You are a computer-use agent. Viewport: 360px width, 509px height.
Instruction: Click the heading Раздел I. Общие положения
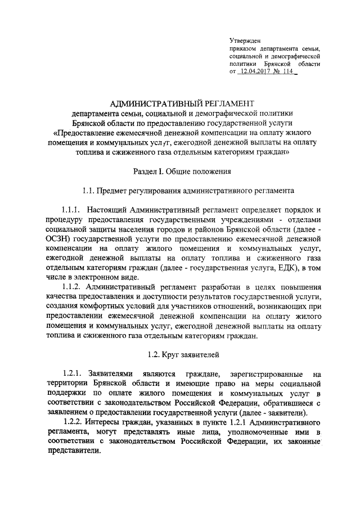point(180,170)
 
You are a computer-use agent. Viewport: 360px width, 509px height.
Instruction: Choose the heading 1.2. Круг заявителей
point(180,354)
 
